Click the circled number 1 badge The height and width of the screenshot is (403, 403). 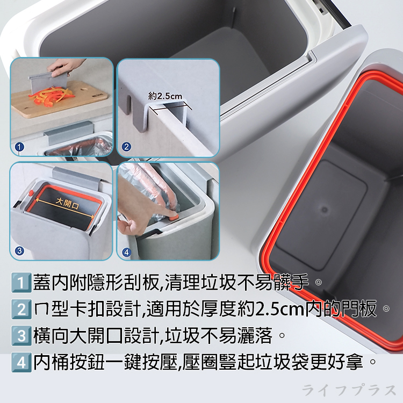[19, 146]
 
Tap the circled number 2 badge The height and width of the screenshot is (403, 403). [127, 146]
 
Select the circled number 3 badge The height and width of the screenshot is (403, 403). [19, 250]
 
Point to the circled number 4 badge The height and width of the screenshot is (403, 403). [127, 250]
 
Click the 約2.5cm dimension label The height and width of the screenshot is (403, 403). [165, 97]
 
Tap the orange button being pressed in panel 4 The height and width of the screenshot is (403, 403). [174, 217]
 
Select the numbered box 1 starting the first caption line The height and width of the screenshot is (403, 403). [20, 282]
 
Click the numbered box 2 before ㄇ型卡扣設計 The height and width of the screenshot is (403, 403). [20, 310]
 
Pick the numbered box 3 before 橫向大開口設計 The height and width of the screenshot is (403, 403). [20, 337]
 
